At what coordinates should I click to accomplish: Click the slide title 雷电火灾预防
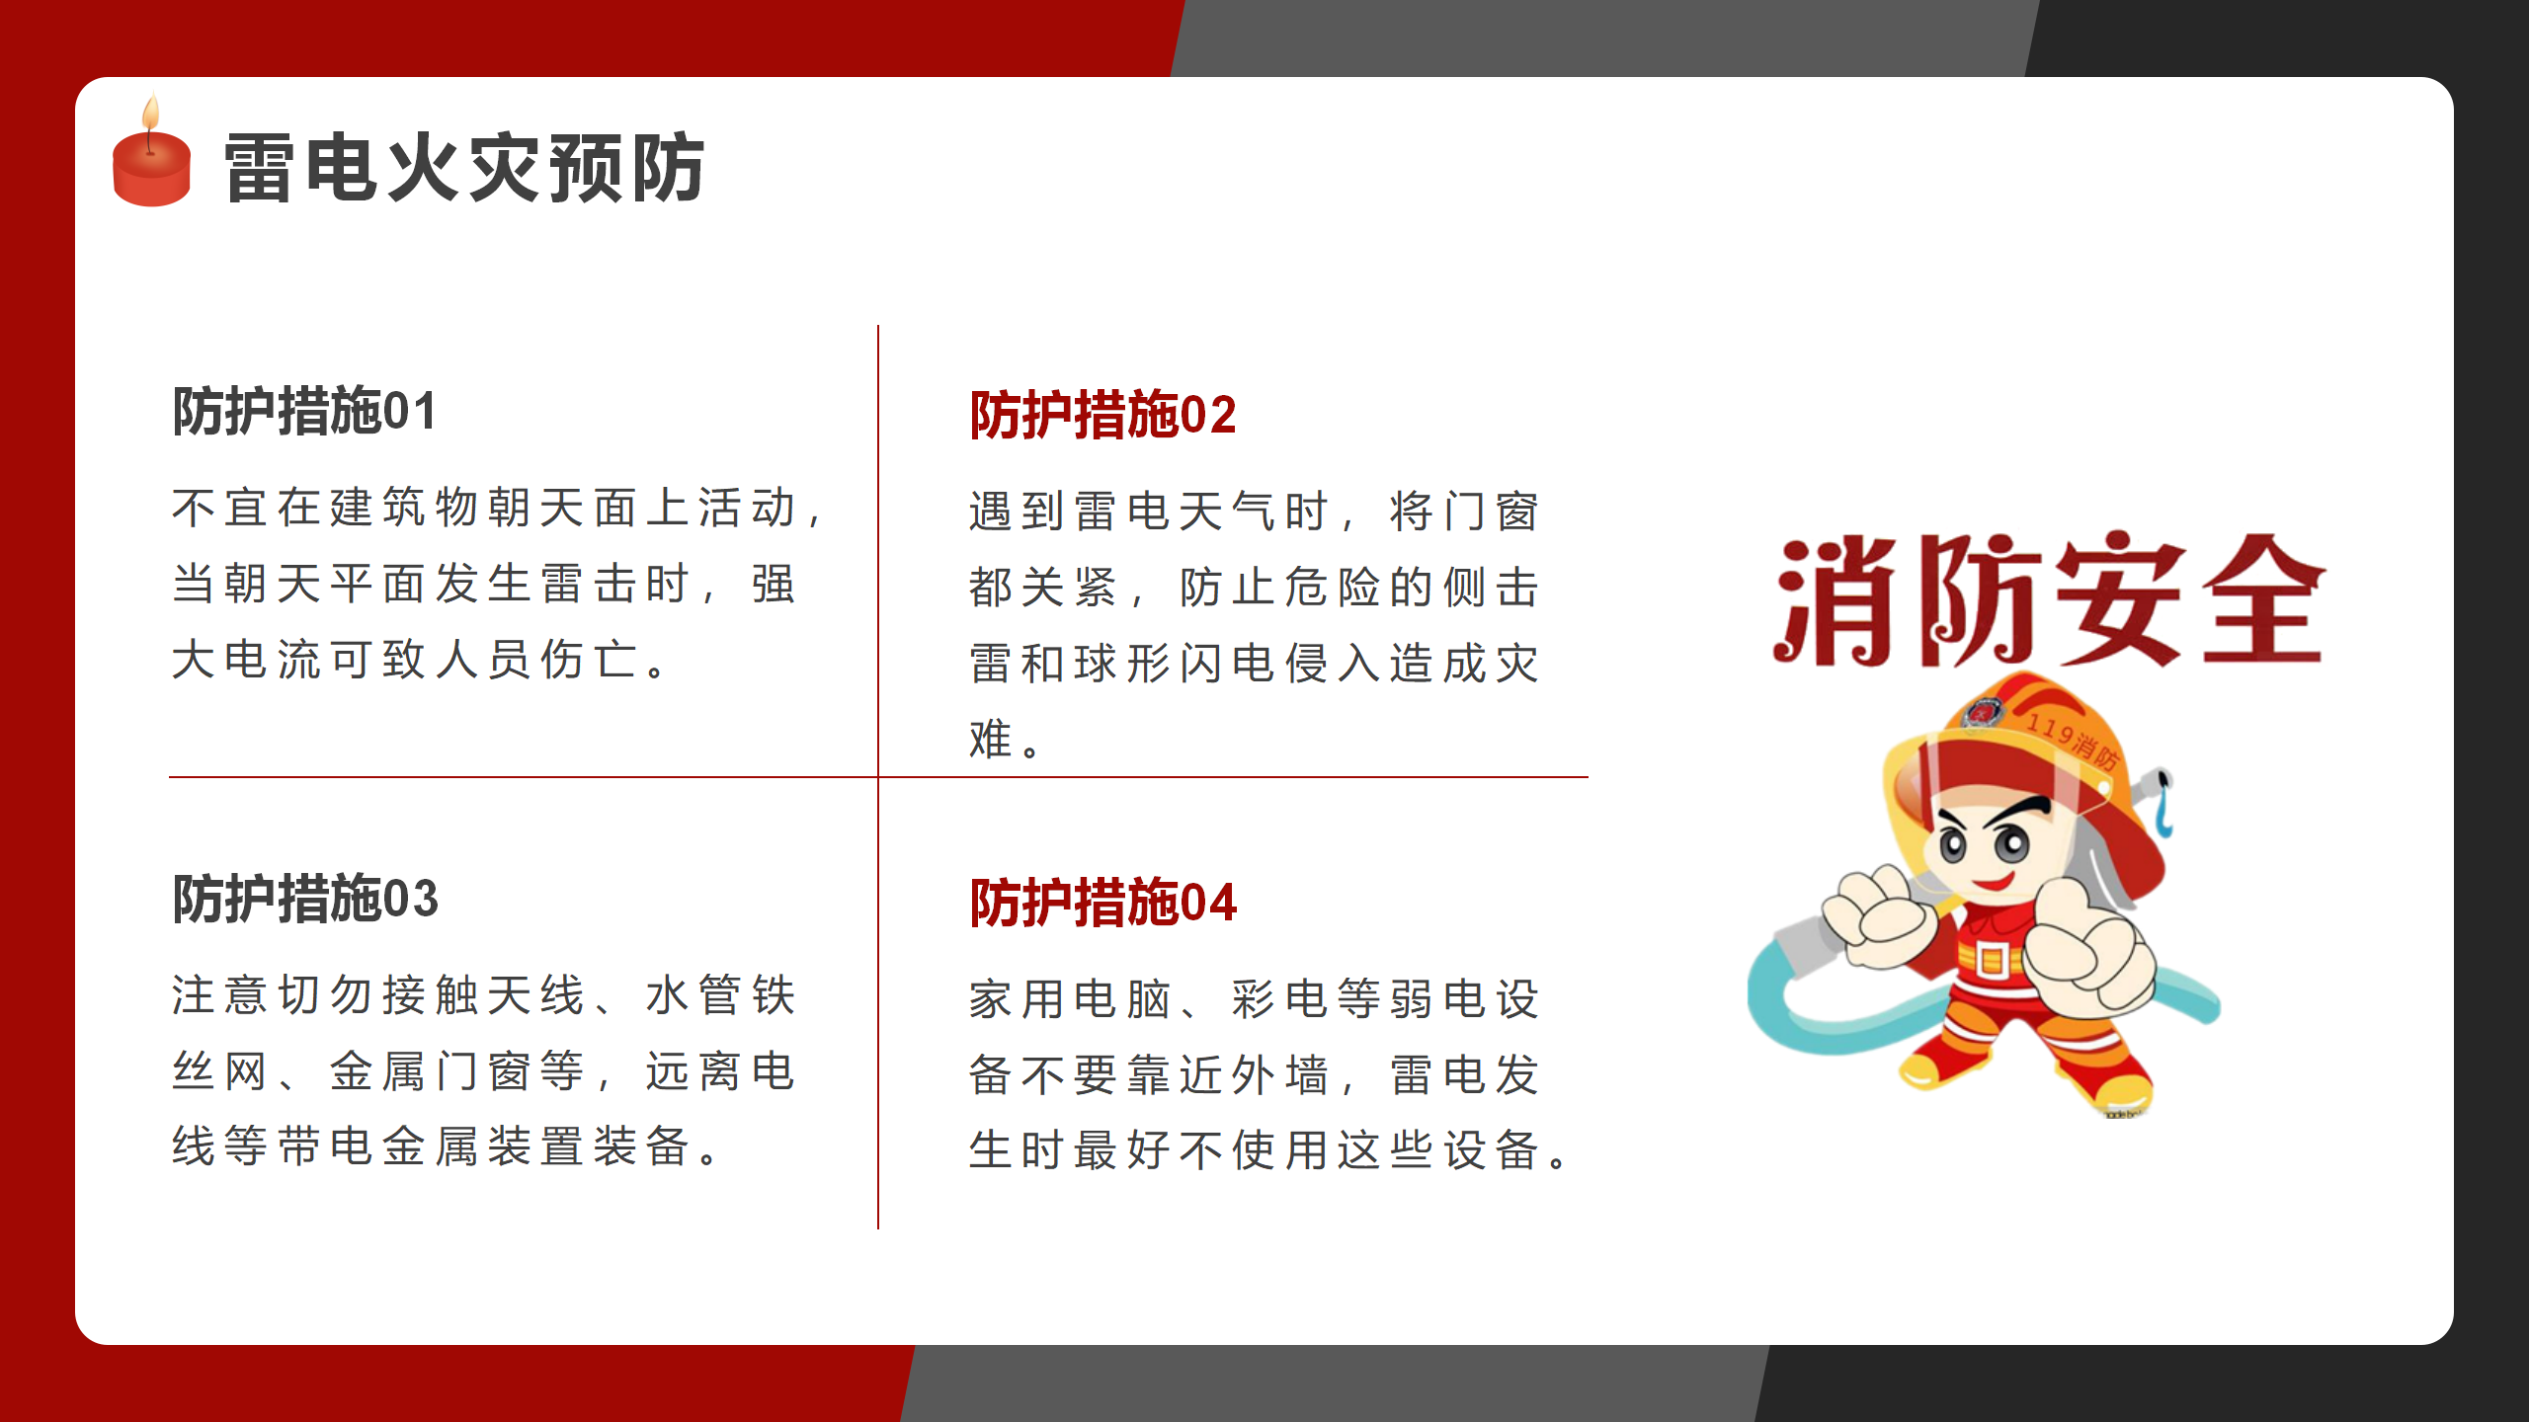pyautogui.click(x=464, y=168)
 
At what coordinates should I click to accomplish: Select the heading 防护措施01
pyautogui.click(x=304, y=411)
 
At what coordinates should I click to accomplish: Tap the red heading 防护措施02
pyautogui.click(x=1102, y=415)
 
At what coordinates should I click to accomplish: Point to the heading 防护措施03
pyautogui.click(x=305, y=899)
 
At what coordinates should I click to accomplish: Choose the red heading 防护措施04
pyautogui.click(x=1102, y=903)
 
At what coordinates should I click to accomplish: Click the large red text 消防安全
pyautogui.click(x=2050, y=599)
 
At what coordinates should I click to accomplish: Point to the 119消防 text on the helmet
pyautogui.click(x=2073, y=741)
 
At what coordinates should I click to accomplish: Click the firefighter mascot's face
pyautogui.click(x=1986, y=849)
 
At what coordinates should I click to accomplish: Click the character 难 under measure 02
pyautogui.click(x=991, y=739)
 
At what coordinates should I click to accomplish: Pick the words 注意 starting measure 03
pyautogui.click(x=219, y=994)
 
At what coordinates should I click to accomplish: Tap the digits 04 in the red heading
pyautogui.click(x=1208, y=904)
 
